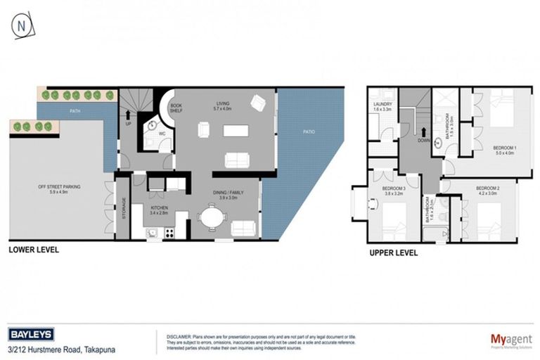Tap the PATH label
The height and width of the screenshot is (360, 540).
(75, 111)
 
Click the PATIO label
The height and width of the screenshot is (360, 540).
(309, 131)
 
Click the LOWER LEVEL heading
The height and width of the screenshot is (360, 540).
(33, 250)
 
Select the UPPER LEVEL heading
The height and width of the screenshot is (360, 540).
(394, 252)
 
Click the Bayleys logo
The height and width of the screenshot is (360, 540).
(30, 335)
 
